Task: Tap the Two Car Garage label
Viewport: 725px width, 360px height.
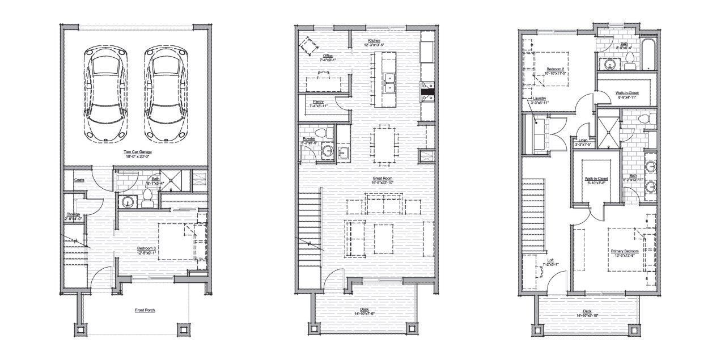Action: pyautogui.click(x=137, y=152)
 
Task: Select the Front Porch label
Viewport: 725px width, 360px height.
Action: pyautogui.click(x=145, y=310)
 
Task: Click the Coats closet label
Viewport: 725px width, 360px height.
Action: pyautogui.click(x=79, y=180)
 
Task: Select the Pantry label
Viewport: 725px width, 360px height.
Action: pyautogui.click(x=318, y=102)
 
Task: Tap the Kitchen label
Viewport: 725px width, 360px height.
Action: pyautogui.click(x=374, y=41)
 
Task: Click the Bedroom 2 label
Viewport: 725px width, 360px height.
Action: pyautogui.click(x=555, y=69)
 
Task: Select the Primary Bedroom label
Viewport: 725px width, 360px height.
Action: pyautogui.click(x=625, y=251)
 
